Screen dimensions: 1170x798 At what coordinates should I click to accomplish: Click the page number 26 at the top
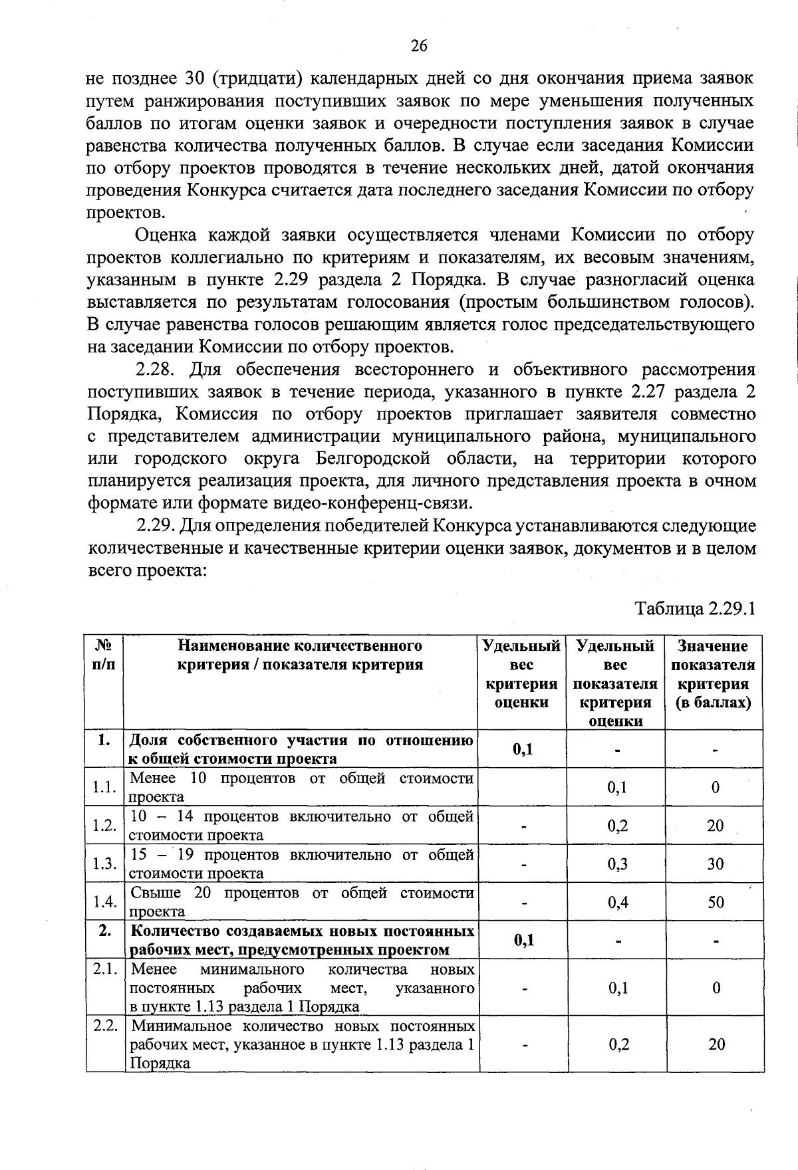418,45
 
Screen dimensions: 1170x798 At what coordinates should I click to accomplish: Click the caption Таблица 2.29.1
696,608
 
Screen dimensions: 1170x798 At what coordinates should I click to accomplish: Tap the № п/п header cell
103,655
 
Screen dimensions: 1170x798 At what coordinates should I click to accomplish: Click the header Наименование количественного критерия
300,655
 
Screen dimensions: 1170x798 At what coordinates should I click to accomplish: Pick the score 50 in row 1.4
716,902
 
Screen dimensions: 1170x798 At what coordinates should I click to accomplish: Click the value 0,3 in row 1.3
618,864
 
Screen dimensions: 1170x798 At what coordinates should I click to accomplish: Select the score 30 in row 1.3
716,864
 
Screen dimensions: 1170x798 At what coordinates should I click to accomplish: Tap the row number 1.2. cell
104,826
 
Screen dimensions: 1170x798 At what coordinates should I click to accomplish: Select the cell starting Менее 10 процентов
301,787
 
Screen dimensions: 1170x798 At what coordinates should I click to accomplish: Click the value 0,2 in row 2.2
618,1044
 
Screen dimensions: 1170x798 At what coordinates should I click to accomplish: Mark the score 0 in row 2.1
716,988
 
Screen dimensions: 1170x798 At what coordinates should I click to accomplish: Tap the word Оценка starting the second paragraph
166,235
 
